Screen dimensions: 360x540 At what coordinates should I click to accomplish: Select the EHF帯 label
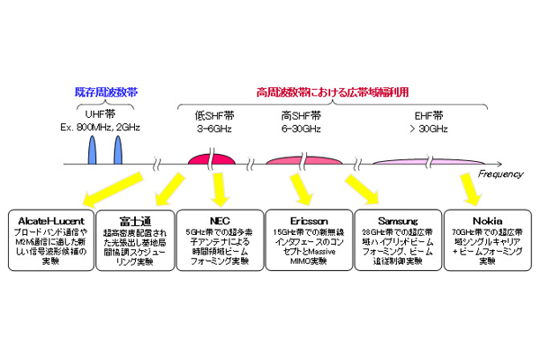(427, 116)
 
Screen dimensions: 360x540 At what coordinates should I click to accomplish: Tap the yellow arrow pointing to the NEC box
(219, 187)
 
